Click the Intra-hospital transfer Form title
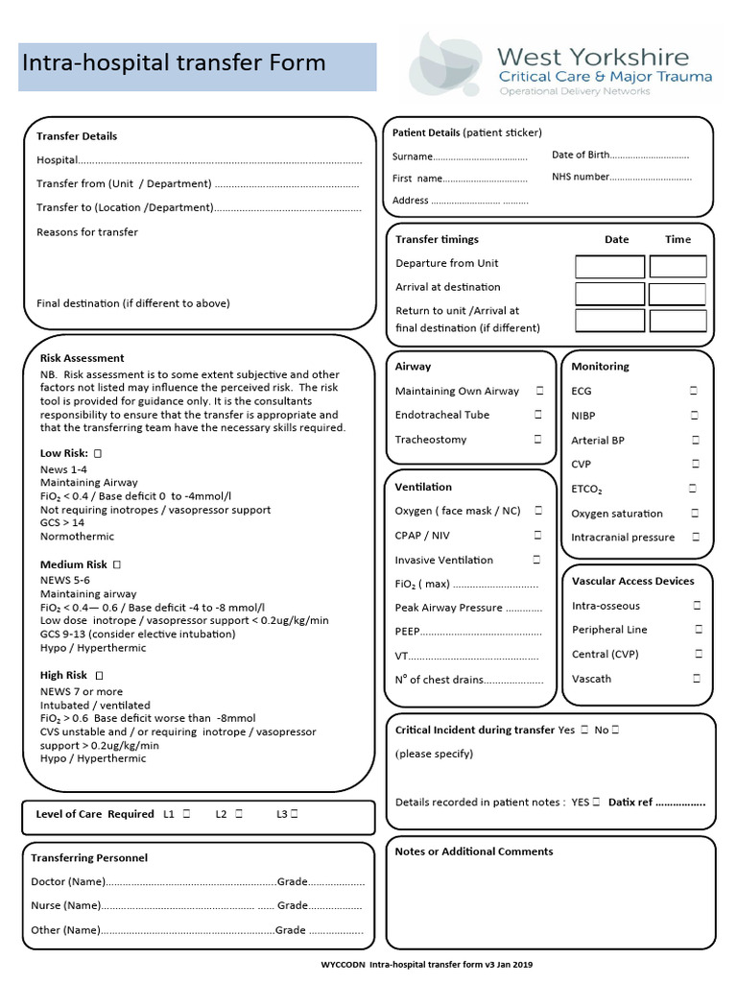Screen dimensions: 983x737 point(174,64)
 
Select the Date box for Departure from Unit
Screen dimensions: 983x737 point(609,266)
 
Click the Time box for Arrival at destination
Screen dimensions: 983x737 point(678,294)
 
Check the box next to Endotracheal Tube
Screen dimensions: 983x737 point(538,415)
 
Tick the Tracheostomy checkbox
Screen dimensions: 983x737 point(538,440)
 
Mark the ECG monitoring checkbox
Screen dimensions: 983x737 point(693,391)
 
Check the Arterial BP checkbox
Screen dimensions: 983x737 point(694,440)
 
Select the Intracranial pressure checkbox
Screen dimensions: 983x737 point(695,538)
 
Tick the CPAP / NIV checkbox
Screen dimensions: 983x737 point(538,536)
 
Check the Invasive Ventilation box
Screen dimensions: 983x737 point(536,560)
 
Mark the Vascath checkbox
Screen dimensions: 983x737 point(697,679)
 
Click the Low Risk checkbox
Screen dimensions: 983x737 point(98,452)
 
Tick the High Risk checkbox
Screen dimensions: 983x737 point(100,676)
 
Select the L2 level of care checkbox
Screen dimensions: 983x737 point(238,814)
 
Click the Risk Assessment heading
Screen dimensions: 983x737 point(82,358)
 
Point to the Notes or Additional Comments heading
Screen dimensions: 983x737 point(474,851)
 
